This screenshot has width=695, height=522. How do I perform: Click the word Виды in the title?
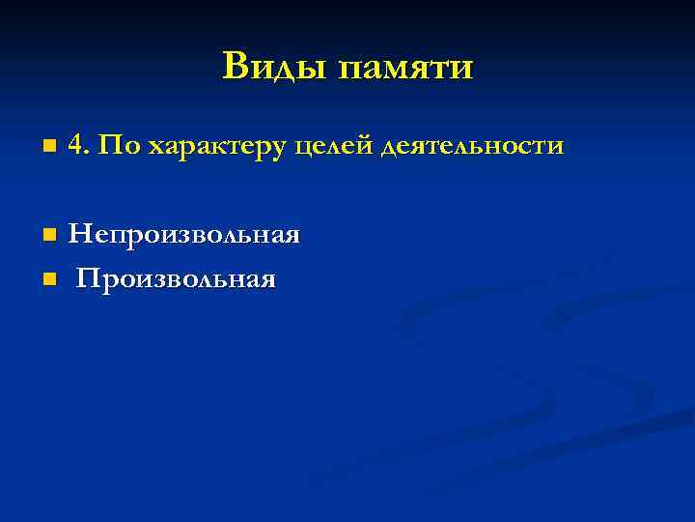tap(271, 67)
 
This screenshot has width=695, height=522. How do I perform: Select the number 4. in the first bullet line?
tap(79, 146)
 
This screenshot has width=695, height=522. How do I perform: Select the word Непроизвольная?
tap(183, 235)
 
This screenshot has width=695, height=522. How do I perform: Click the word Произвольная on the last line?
tap(177, 279)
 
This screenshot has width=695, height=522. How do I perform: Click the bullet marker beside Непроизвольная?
tap(48, 235)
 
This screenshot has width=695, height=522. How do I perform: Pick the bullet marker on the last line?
tap(48, 279)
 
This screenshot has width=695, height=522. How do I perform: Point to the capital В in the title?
tap(235, 66)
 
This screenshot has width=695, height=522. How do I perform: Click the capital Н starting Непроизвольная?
tap(78, 233)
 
